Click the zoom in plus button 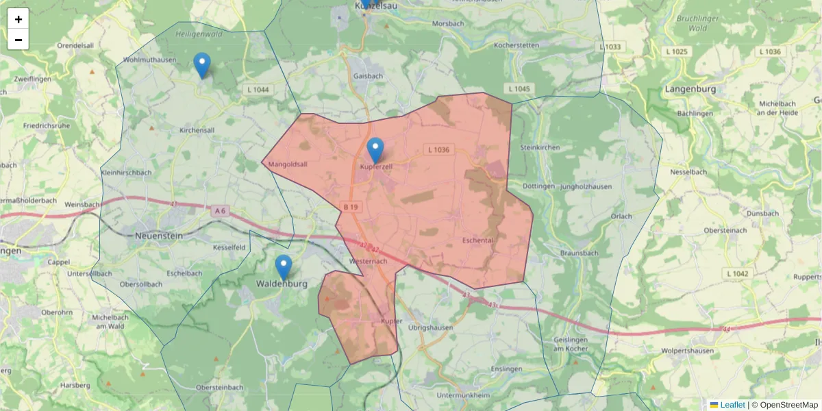(x=18, y=19)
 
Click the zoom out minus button (x=18, y=40)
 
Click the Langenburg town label (x=690, y=89)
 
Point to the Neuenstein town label (x=159, y=234)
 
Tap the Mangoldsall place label (x=288, y=164)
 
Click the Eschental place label (x=477, y=240)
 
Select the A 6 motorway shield (x=220, y=211)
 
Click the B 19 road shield (x=351, y=207)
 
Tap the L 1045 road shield (x=520, y=89)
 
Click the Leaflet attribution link (x=732, y=405)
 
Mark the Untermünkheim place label (x=463, y=395)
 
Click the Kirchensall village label (x=197, y=129)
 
